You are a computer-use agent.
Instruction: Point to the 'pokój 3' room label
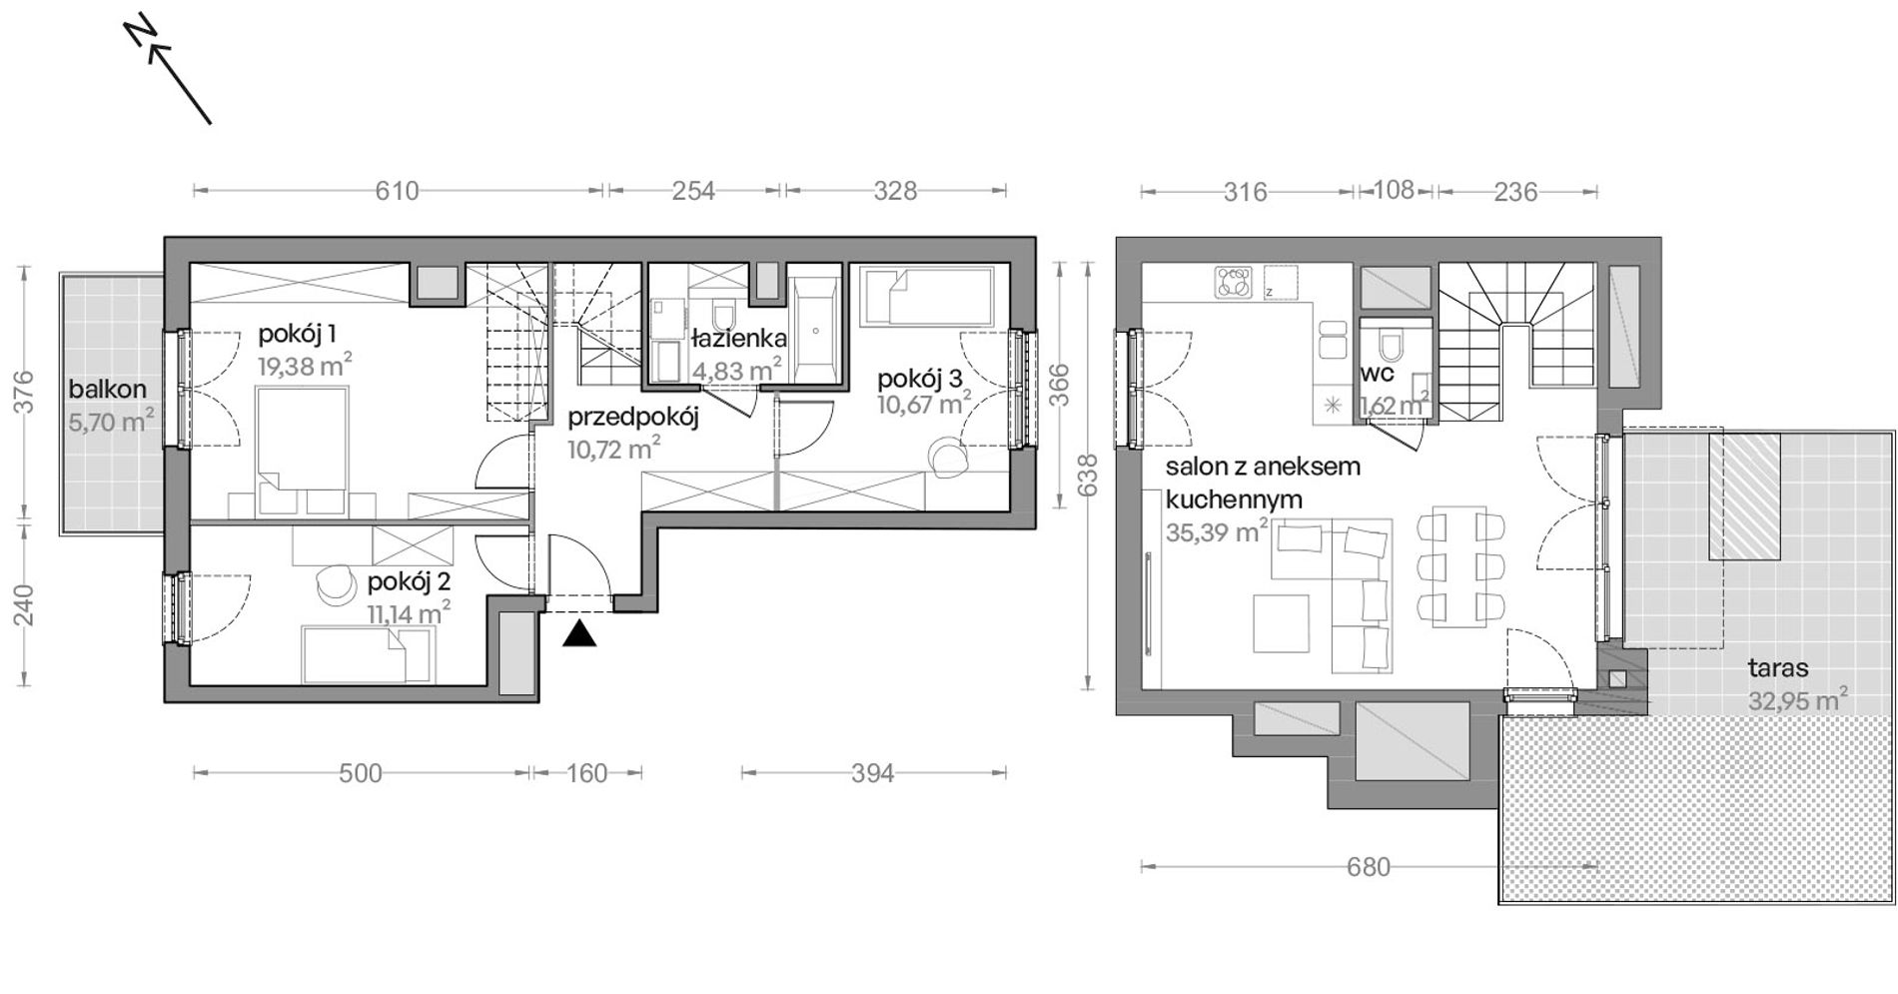coord(920,380)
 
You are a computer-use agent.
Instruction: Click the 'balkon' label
coord(108,390)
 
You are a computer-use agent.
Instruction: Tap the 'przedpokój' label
coord(633,418)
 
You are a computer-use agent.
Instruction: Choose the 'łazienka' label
coord(739,338)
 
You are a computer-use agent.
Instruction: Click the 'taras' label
coord(1778,668)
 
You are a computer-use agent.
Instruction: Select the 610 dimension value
coord(397,190)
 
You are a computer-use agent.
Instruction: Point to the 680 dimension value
coord(1368,867)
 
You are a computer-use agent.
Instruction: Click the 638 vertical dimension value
coord(1089,476)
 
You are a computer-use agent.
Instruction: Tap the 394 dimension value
coord(872,773)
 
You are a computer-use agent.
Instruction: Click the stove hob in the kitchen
coord(1234,282)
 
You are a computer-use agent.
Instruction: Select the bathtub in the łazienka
coord(816,330)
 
